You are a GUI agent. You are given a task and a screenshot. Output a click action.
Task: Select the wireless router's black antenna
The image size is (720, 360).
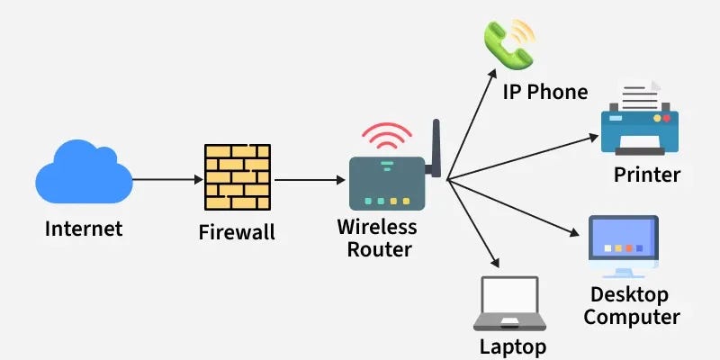tap(436, 148)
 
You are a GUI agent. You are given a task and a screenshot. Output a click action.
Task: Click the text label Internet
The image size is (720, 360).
tap(84, 229)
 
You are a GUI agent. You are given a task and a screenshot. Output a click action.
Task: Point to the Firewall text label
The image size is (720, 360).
tap(237, 233)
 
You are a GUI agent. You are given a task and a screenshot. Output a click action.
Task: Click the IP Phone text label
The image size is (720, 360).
tap(545, 92)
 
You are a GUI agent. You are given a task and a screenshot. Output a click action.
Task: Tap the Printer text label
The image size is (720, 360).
tap(646, 174)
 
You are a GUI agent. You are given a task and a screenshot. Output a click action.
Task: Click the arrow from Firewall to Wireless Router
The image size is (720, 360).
tap(311, 179)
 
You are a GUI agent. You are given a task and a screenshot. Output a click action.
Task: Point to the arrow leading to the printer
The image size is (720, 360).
tap(522, 157)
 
